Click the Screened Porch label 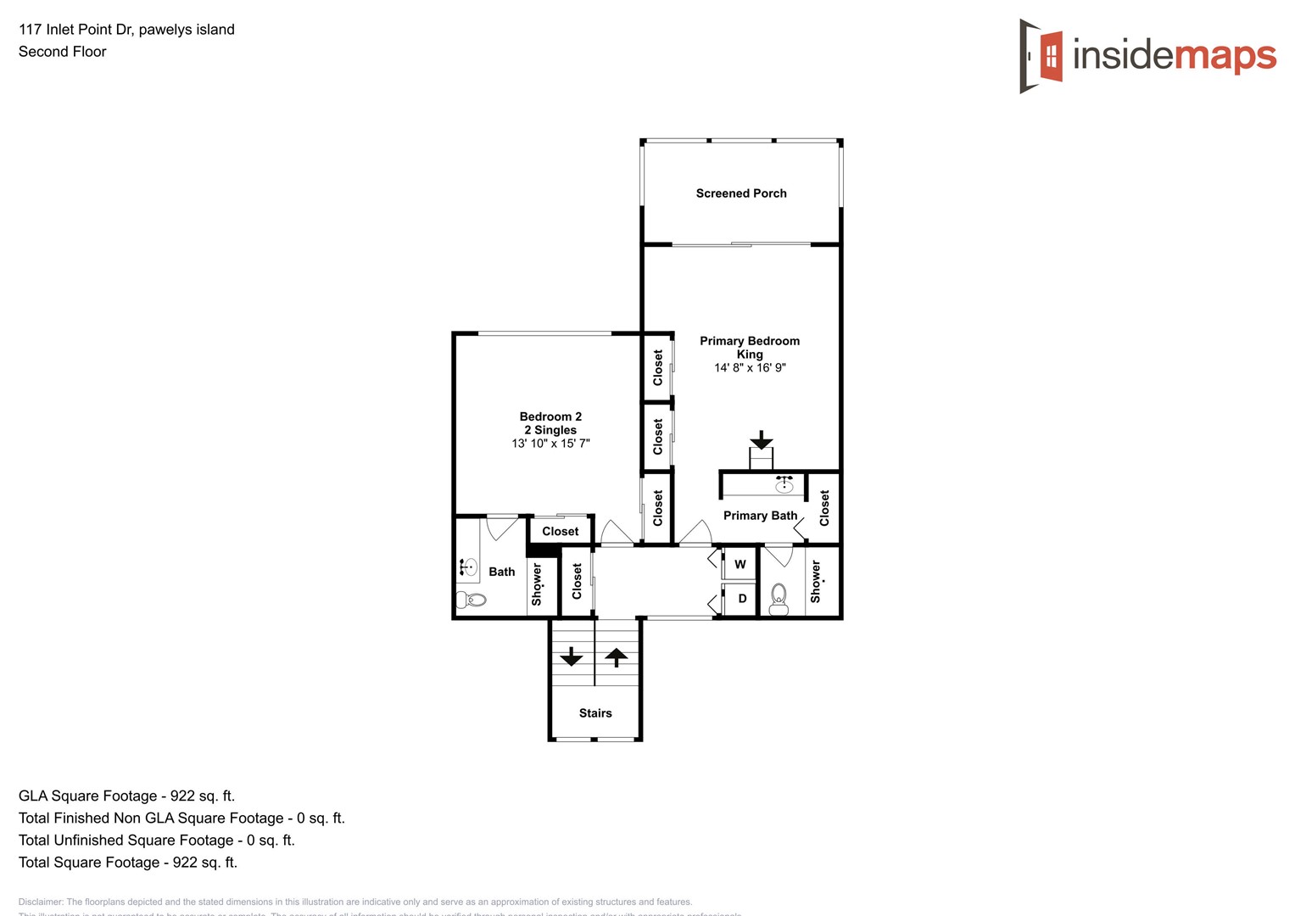741,193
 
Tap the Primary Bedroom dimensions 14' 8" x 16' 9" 750,368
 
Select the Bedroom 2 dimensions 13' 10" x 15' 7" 550,444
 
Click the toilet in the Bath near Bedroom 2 472,600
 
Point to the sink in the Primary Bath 784,484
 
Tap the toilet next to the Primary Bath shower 779,600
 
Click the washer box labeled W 740,565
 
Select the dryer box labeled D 742,599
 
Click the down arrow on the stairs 572,656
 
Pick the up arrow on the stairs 617,656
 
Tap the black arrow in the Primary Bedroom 762,439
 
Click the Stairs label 595,713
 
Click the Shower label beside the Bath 537,584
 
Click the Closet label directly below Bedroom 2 561,532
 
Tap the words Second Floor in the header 63,52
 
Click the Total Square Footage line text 128,863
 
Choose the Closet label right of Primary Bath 824,508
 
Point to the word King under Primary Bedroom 750,355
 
